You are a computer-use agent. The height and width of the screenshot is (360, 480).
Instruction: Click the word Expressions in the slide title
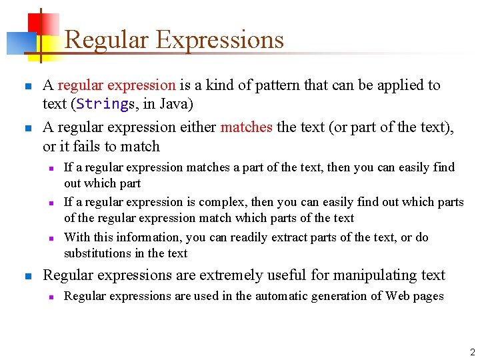click(x=219, y=40)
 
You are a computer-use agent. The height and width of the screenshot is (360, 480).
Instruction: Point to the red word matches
click(x=246, y=127)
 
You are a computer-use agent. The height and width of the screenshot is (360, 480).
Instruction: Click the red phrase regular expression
click(x=117, y=85)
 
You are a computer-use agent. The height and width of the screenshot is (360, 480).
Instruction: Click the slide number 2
click(x=472, y=352)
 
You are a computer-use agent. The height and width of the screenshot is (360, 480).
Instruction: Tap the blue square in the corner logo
click(x=16, y=43)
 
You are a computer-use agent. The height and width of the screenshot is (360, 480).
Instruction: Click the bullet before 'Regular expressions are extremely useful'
click(x=26, y=276)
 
